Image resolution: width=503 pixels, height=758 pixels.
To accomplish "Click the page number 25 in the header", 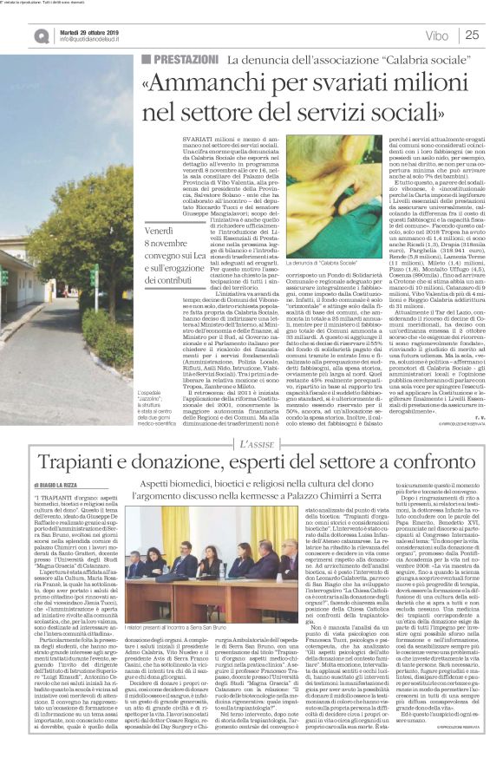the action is tap(473, 36).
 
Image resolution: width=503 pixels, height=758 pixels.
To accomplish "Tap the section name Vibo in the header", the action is tap(437, 36).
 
